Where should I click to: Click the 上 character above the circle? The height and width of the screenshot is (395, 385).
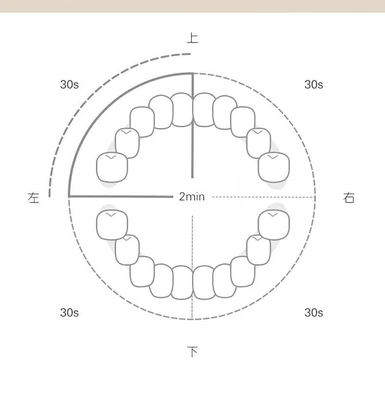click(192, 38)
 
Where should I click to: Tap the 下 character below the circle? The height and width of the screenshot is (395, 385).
click(192, 352)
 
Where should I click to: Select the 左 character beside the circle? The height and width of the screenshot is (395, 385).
click(34, 197)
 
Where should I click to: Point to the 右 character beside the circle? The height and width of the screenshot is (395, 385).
click(349, 197)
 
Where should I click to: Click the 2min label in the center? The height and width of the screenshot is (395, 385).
click(192, 197)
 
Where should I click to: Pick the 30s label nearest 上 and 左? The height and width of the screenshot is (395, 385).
click(70, 84)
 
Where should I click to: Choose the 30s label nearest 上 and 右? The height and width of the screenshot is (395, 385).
click(314, 84)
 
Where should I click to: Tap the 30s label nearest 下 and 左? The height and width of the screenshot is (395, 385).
click(70, 313)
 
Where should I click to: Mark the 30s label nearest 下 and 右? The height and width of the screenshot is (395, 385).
click(314, 313)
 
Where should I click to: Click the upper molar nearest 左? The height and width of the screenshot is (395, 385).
click(112, 167)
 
